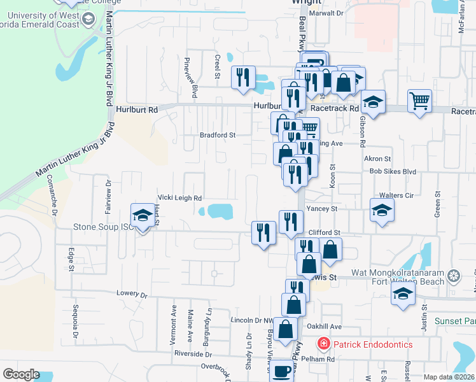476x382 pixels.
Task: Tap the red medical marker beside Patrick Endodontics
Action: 324,344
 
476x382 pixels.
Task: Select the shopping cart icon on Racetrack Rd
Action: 420,100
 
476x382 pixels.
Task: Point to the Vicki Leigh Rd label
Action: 180,198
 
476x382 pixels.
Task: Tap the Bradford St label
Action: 218,135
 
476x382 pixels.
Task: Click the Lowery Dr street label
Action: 132,295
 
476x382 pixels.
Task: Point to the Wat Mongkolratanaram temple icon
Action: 453,276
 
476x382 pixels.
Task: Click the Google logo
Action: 21,374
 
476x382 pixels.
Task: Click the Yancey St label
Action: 321,208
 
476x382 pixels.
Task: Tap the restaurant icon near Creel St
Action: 242,77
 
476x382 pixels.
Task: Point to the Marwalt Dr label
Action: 326,13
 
